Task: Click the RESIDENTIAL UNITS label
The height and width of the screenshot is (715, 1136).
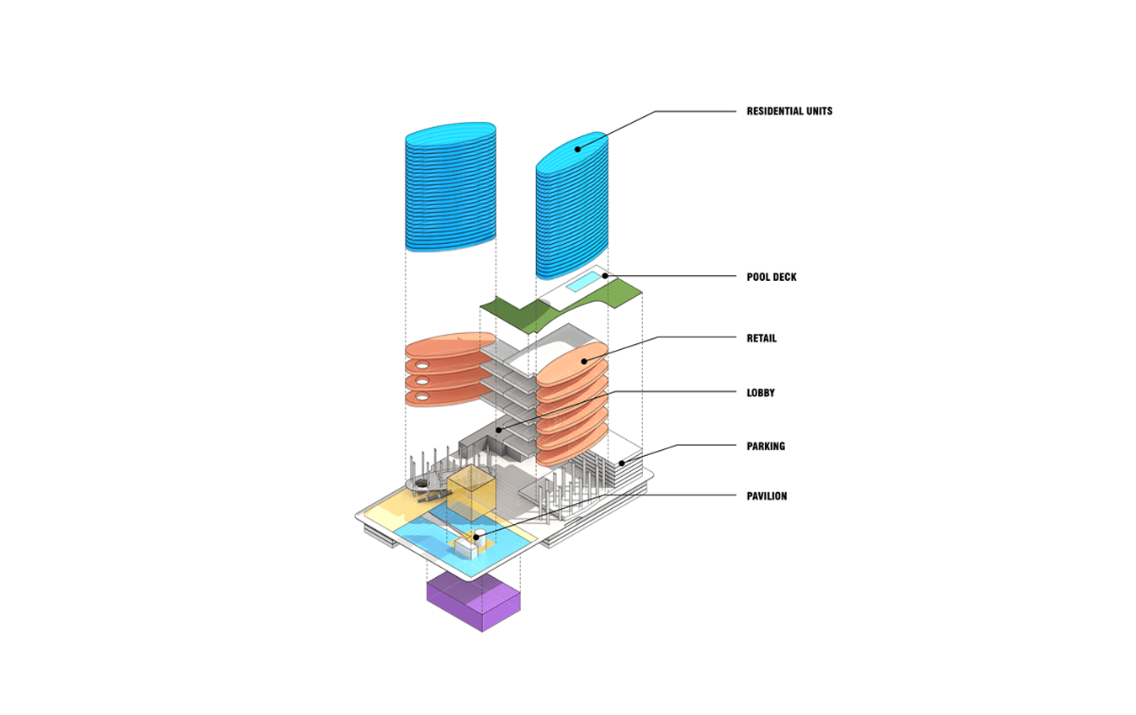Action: pyautogui.click(x=789, y=111)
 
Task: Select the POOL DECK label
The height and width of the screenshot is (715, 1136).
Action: pyautogui.click(x=772, y=277)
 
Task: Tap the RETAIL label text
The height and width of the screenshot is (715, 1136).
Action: pyautogui.click(x=762, y=338)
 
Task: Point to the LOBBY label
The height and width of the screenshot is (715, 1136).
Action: pyautogui.click(x=760, y=393)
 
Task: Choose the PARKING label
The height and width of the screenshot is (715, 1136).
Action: pyautogui.click(x=766, y=446)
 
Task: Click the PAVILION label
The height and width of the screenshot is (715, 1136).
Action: pyautogui.click(x=767, y=496)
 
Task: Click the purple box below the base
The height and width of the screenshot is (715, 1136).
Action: pyautogui.click(x=474, y=602)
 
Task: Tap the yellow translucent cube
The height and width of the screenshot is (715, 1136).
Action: pyautogui.click(x=470, y=493)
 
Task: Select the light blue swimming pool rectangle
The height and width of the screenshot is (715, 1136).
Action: pyautogui.click(x=583, y=282)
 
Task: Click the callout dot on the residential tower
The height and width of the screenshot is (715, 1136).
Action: pyautogui.click(x=577, y=149)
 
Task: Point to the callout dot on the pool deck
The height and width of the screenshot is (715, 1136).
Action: pyautogui.click(x=605, y=276)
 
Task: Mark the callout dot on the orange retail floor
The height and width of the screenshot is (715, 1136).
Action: pyautogui.click(x=584, y=361)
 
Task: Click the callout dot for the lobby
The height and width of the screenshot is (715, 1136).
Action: pyautogui.click(x=498, y=430)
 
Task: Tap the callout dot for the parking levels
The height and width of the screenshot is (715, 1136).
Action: pyautogui.click(x=622, y=463)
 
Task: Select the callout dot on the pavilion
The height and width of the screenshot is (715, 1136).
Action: pyautogui.click(x=475, y=537)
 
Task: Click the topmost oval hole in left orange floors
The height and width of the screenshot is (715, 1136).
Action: pyautogui.click(x=422, y=366)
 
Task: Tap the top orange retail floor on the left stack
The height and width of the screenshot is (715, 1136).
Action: pyautogui.click(x=450, y=346)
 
